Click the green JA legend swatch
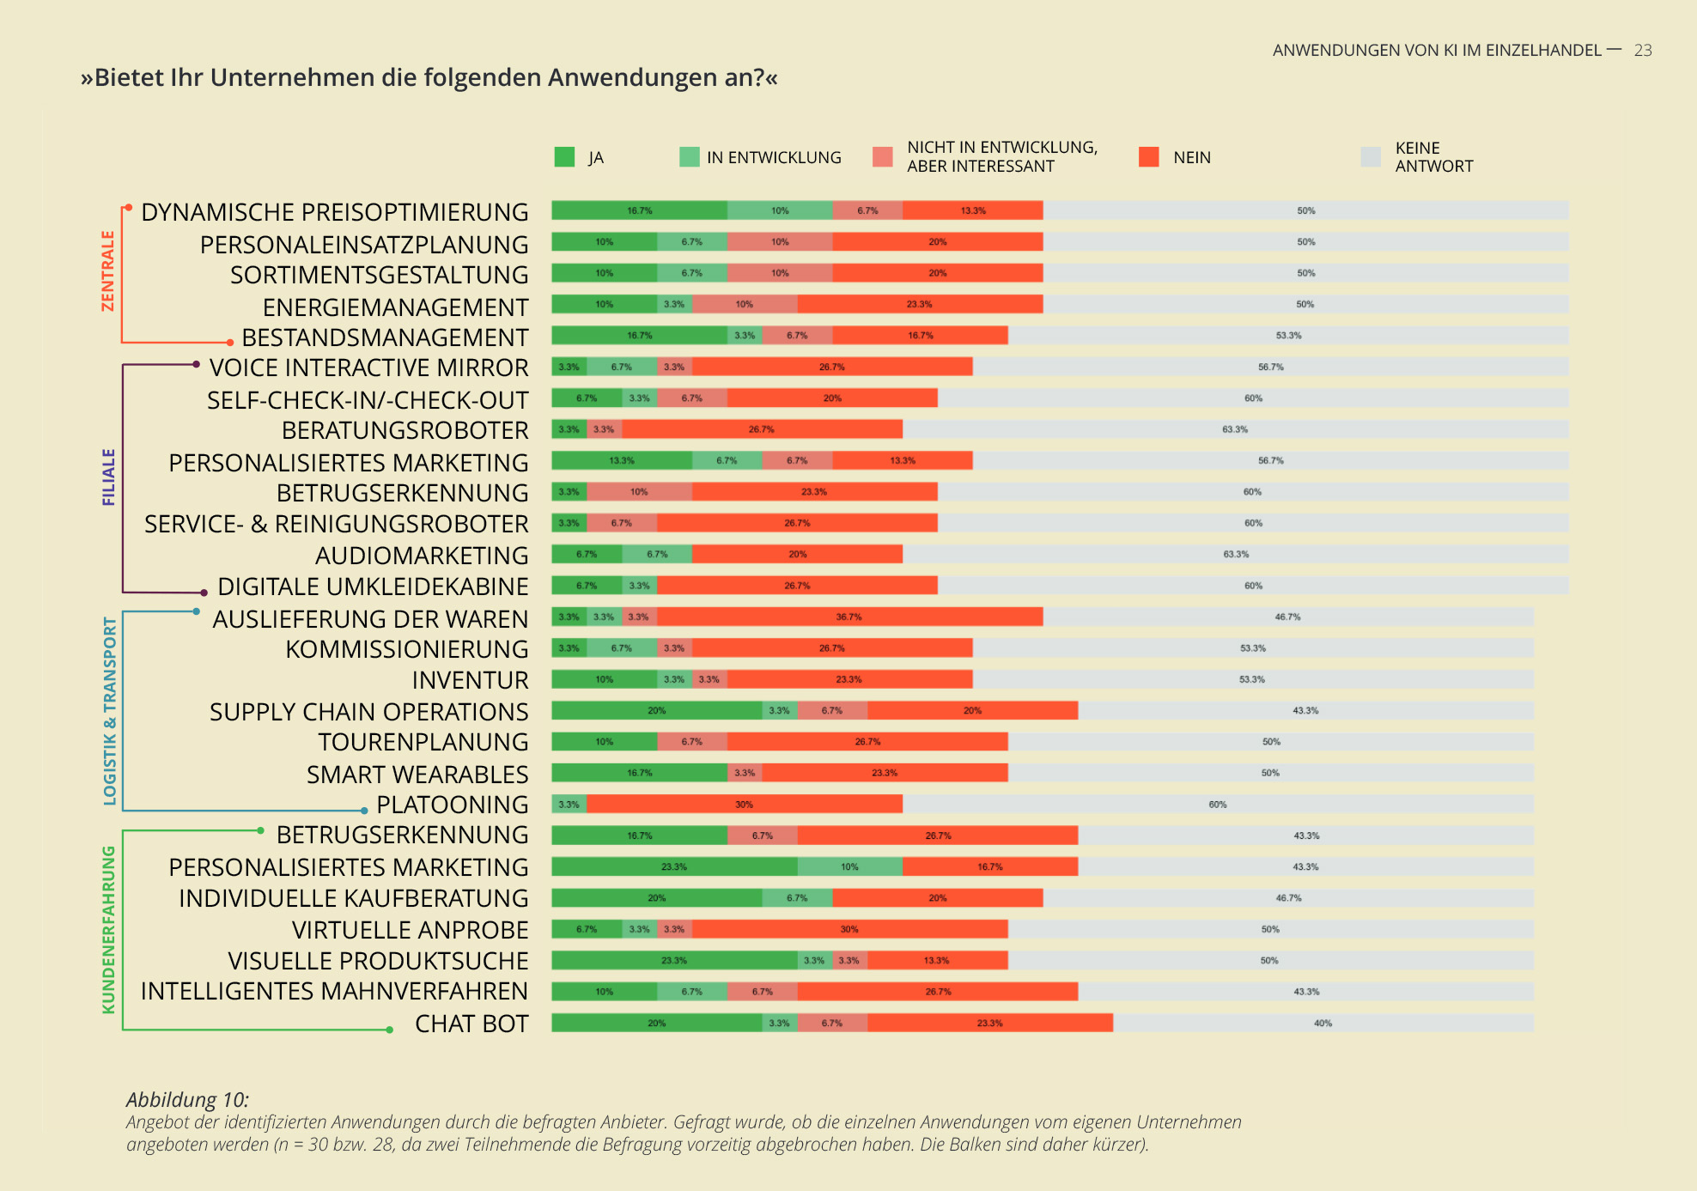pos(564,157)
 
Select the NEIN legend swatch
pos(1148,157)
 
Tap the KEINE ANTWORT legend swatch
pos(1371,157)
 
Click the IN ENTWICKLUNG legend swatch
pos(689,157)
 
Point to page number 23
pos(1642,51)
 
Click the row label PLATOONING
pos(452,805)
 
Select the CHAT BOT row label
pos(471,1024)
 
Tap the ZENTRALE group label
pos(108,271)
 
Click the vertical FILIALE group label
pos(108,477)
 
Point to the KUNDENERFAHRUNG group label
pos(108,930)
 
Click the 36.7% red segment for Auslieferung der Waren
pos(849,617)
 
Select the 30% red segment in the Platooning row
pos(744,805)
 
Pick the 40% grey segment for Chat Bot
pos(1323,1023)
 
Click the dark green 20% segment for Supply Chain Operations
pos(657,710)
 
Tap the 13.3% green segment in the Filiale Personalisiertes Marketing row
pos(622,460)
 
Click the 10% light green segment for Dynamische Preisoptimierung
pos(780,210)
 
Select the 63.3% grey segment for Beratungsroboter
pos(1235,429)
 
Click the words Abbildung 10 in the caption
pos(187,1100)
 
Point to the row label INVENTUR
pos(470,680)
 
